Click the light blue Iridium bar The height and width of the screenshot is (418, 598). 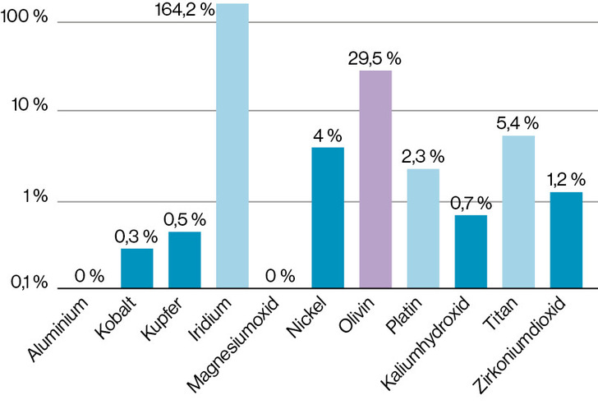[232, 145]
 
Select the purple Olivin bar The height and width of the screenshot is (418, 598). [375, 179]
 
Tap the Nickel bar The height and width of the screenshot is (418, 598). [328, 218]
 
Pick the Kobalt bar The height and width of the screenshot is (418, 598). [137, 268]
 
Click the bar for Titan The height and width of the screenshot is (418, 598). [518, 212]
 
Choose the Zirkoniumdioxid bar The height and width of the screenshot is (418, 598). [566, 240]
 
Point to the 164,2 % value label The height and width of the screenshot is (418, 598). [185, 9]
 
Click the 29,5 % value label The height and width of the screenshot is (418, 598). [375, 59]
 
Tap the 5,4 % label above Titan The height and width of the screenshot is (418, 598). [517, 123]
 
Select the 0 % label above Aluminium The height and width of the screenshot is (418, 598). [90, 276]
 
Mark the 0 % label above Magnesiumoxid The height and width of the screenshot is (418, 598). [280, 276]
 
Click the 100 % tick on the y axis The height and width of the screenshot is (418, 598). [24, 16]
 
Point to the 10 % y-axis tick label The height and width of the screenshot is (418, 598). [29, 104]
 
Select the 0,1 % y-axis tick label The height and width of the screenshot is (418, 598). [29, 282]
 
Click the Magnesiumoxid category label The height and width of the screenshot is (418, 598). [233, 344]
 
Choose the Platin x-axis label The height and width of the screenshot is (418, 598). [404, 315]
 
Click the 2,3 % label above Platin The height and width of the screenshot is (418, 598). [423, 156]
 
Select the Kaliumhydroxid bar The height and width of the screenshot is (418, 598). [471, 252]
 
